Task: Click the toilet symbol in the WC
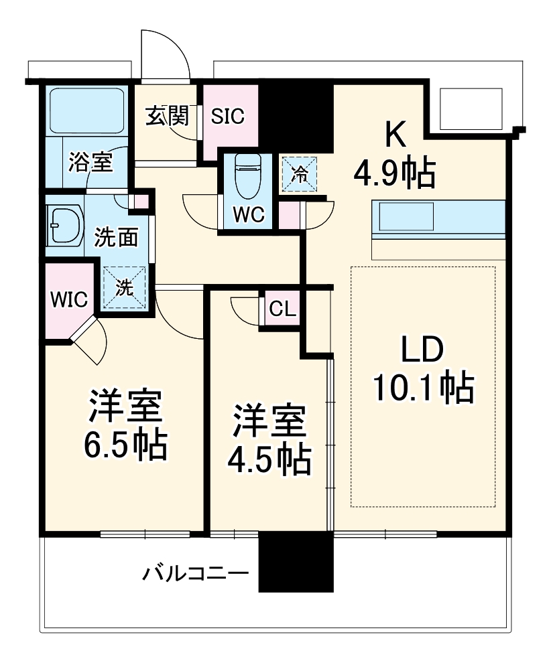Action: tap(247, 175)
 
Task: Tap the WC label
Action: tap(248, 216)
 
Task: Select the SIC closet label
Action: tap(228, 116)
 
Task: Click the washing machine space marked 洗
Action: tap(125, 287)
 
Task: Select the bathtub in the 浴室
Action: tap(86, 109)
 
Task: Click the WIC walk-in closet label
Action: tap(68, 300)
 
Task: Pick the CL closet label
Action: tap(282, 309)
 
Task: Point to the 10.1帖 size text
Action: tap(423, 386)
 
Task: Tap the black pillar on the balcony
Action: tap(296, 562)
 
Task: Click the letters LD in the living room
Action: tap(423, 350)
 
